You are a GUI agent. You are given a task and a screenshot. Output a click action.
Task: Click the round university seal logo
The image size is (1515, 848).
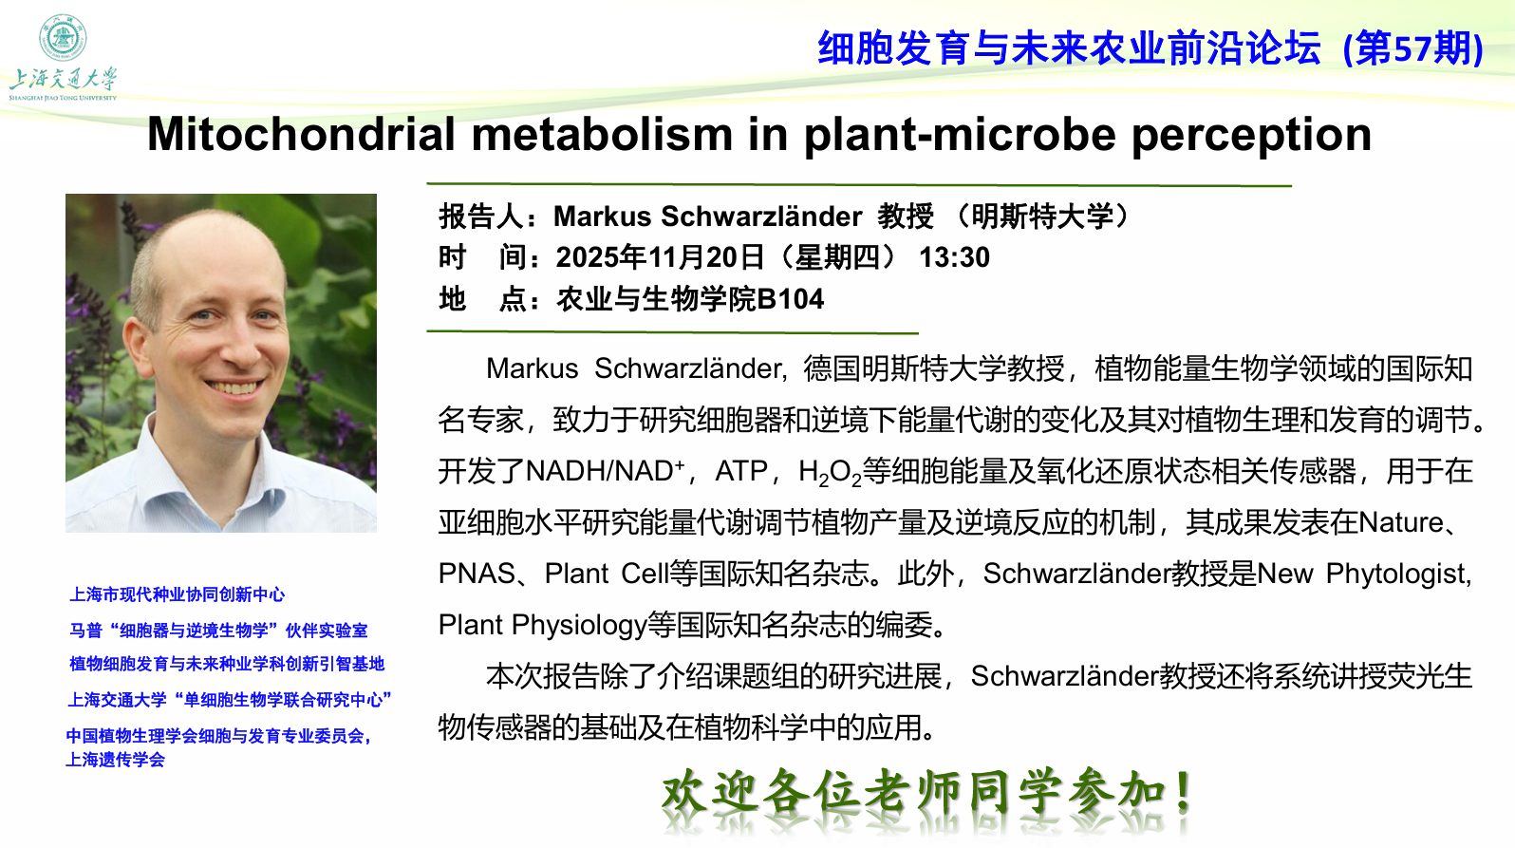point(63,38)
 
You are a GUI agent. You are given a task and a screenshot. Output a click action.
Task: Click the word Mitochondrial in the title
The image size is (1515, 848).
point(301,133)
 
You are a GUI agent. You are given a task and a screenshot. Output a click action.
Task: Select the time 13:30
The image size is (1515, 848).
point(954,258)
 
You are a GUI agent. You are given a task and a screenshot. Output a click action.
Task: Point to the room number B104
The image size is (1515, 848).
point(790,299)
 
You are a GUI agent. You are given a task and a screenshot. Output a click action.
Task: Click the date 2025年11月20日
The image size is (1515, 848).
point(660,258)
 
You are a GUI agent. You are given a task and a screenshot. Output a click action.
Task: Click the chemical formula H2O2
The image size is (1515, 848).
point(830,472)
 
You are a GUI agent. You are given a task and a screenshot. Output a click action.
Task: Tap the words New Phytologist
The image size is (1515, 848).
point(1363,575)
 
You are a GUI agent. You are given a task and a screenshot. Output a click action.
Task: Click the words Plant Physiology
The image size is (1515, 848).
point(542,626)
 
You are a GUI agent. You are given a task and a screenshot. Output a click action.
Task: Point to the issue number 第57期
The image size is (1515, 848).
point(1412,48)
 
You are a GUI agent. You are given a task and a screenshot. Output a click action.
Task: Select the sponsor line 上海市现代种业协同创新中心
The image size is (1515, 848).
point(178,594)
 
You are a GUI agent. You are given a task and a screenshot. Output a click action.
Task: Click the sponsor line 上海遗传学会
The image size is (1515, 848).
point(115,760)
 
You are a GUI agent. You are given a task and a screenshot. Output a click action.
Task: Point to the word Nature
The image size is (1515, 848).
point(1401,522)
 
